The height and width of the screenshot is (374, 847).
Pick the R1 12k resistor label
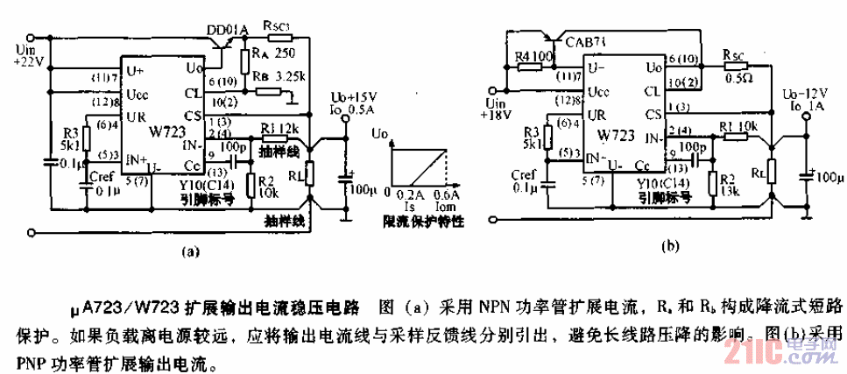coord(278,128)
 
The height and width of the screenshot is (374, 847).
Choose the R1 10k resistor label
coord(735,127)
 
